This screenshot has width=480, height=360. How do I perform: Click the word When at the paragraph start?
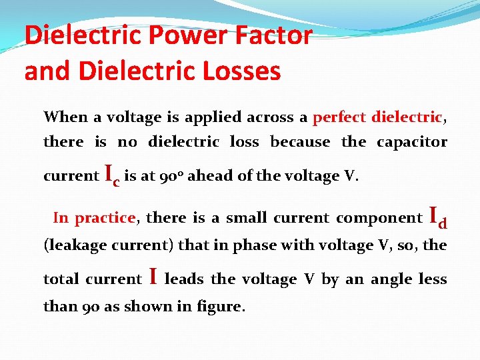(x=65, y=117)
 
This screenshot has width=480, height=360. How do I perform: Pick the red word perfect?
(x=339, y=118)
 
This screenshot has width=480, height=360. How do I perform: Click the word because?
(x=300, y=142)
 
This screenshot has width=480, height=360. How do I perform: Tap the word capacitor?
(x=412, y=142)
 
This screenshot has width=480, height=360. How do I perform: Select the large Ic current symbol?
(x=113, y=175)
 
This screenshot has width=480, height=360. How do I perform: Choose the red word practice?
(x=105, y=218)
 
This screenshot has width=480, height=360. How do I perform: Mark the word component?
(x=379, y=218)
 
